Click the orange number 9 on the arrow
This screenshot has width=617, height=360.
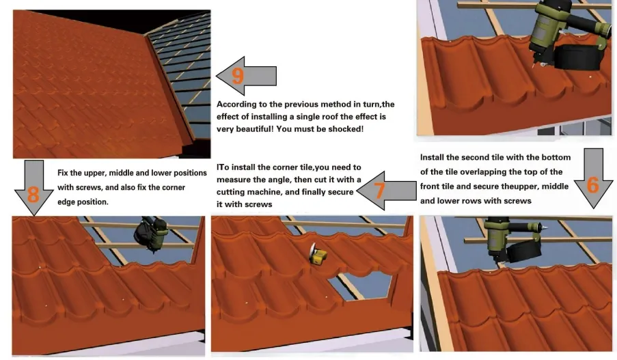point(238,74)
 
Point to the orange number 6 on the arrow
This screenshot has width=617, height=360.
point(592,184)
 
